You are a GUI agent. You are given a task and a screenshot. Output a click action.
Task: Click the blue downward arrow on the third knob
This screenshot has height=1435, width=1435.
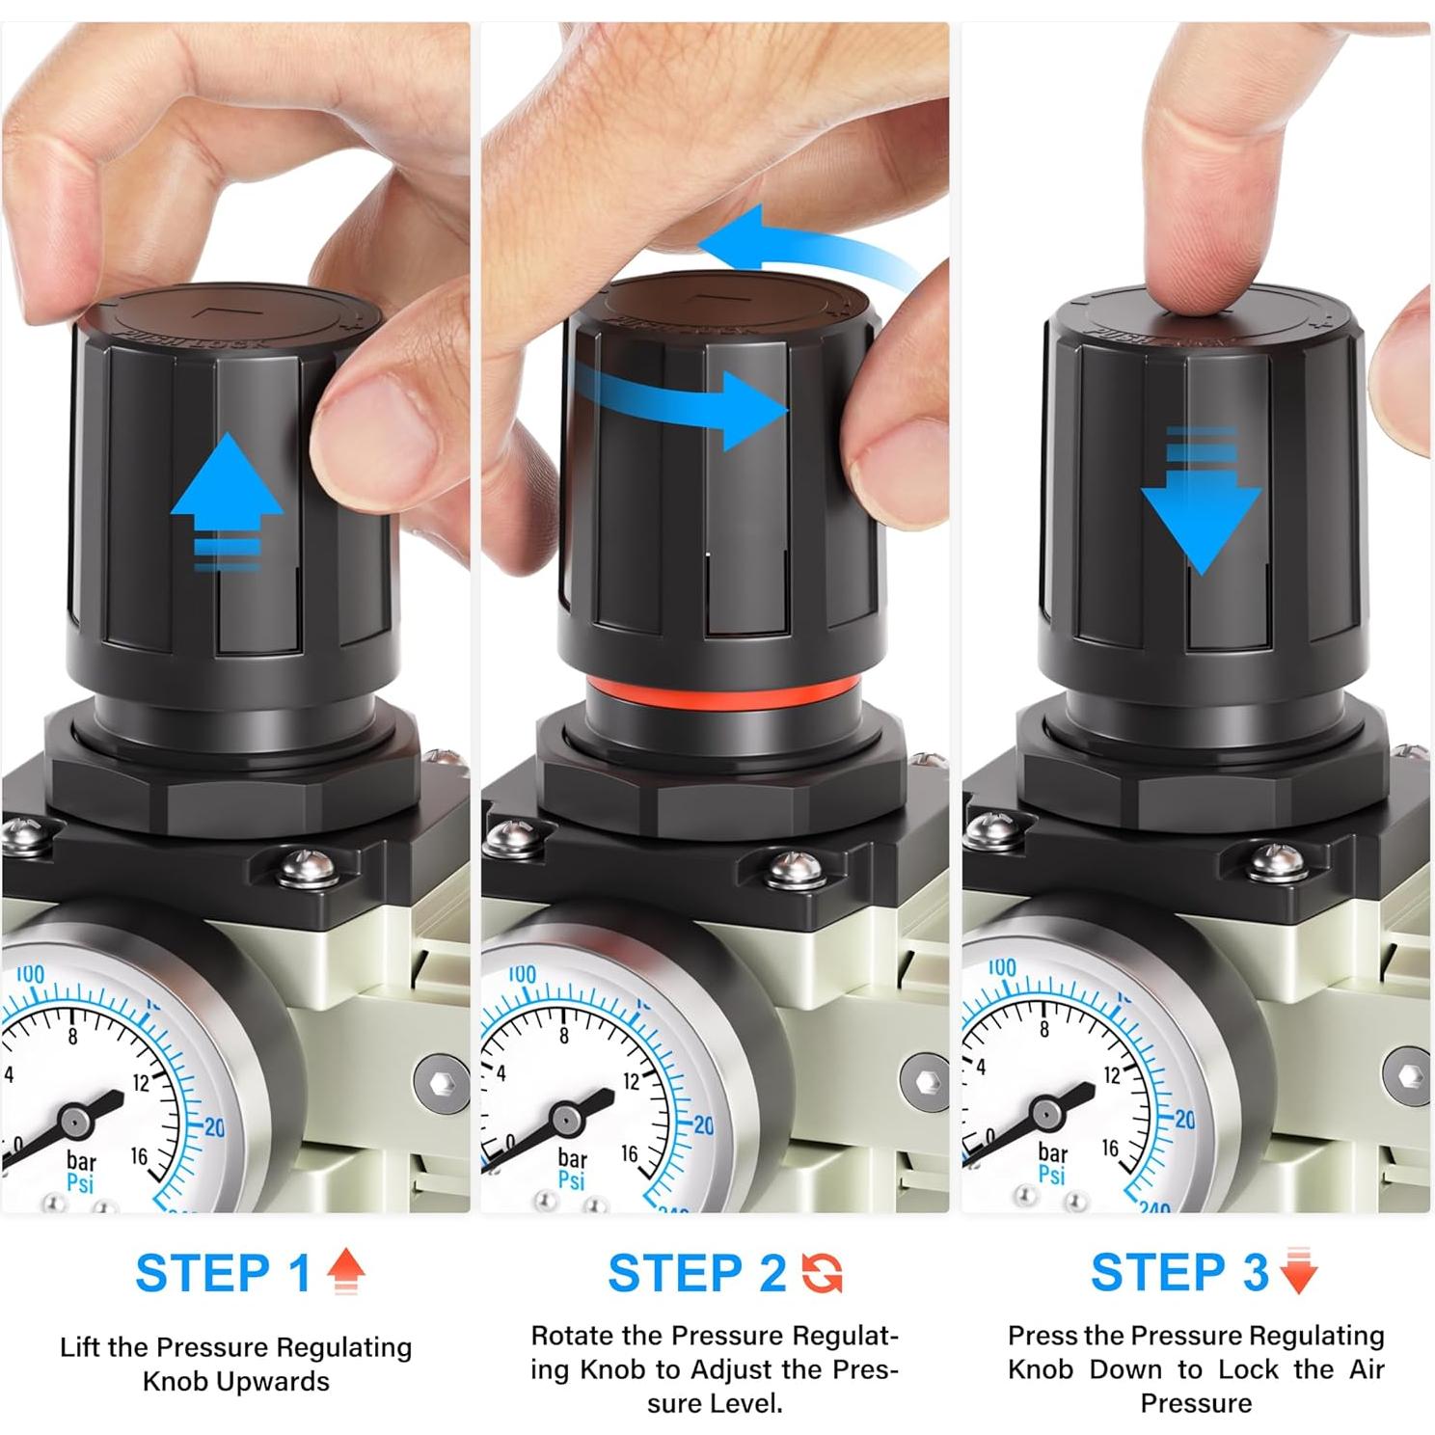tap(1201, 511)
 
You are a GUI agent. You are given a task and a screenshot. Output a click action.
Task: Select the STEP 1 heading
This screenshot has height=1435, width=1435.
tap(223, 1273)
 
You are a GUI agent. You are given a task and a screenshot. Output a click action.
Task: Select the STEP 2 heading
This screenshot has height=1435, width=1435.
tap(696, 1273)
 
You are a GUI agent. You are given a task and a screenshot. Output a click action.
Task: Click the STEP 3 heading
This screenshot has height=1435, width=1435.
tap(1178, 1272)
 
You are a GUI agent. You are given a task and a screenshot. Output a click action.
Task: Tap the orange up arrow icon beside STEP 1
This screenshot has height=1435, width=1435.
tap(345, 1271)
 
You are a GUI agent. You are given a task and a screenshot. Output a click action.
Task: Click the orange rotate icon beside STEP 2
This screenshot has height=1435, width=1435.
tap(822, 1273)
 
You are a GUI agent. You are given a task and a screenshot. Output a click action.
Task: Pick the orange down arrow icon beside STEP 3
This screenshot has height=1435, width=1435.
tap(1299, 1271)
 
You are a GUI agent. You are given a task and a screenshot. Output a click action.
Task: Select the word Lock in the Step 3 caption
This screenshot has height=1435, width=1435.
tap(1250, 1369)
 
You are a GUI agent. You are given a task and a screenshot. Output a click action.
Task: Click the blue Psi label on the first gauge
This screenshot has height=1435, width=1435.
tap(80, 1182)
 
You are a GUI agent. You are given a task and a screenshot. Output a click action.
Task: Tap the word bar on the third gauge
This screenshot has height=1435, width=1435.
tap(1052, 1151)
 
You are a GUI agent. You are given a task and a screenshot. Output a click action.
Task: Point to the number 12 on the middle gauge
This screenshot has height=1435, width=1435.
tap(631, 1082)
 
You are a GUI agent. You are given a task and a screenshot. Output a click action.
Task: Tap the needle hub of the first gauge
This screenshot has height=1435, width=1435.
tap(74, 1122)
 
